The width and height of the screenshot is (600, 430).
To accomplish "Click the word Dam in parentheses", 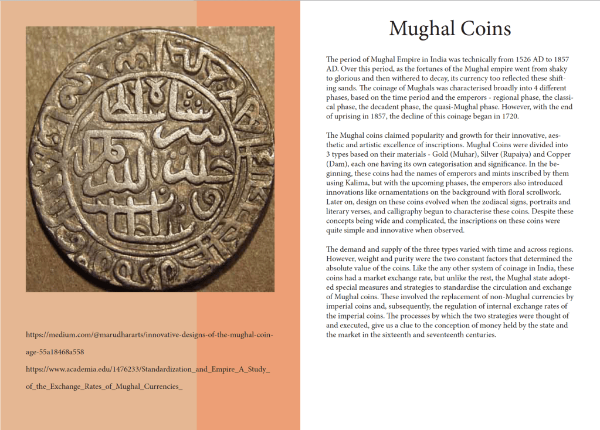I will point(337,164).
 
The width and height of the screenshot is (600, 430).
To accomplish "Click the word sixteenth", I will point(394,335).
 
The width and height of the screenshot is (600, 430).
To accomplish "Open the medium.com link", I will point(150,335).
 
